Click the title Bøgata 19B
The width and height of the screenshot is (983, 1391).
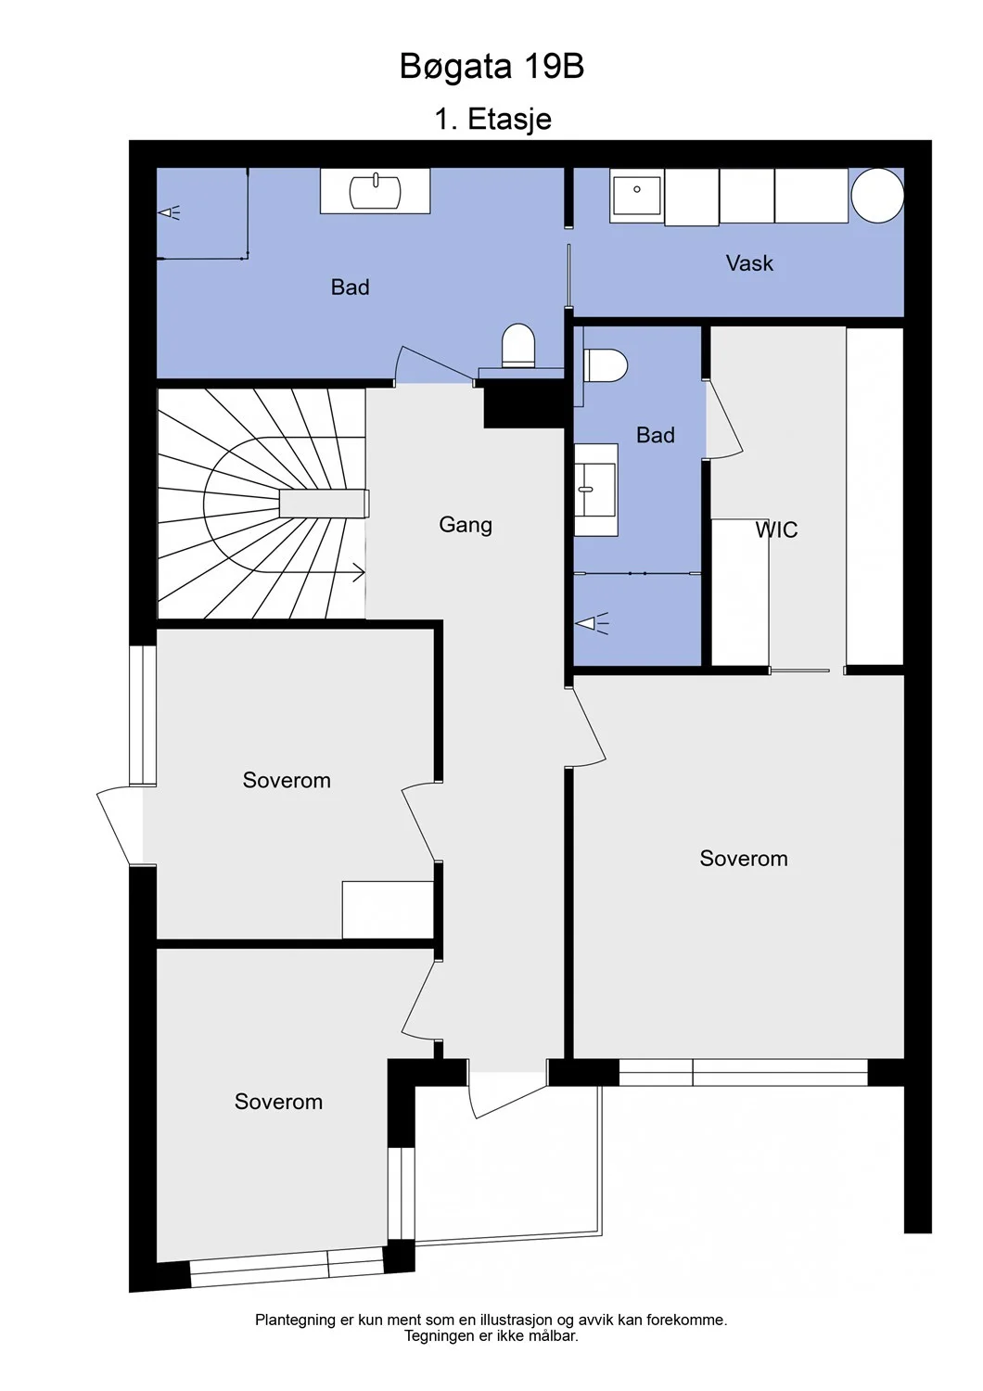(x=491, y=67)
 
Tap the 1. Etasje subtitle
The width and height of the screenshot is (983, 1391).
(x=492, y=119)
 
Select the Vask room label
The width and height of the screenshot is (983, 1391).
(x=749, y=262)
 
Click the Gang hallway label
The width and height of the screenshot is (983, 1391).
(x=466, y=526)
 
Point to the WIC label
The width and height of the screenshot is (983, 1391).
(x=776, y=530)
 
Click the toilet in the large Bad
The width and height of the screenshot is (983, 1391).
(x=517, y=345)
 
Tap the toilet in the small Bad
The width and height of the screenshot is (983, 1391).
(x=606, y=365)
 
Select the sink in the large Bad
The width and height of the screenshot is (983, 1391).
(x=375, y=191)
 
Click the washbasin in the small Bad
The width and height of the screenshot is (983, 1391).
(x=595, y=490)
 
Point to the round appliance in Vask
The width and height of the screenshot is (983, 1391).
(x=876, y=195)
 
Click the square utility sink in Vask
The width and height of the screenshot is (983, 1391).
(x=636, y=196)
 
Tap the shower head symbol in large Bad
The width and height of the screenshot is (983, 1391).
(x=170, y=213)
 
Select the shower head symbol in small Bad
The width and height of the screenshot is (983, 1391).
(x=592, y=623)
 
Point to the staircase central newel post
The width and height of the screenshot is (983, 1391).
(x=324, y=503)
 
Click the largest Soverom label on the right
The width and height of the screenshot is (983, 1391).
(x=744, y=858)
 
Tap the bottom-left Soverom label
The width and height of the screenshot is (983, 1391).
(x=278, y=1102)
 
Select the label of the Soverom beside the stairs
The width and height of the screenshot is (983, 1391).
(x=287, y=780)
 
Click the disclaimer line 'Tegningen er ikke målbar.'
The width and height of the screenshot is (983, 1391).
(x=491, y=1335)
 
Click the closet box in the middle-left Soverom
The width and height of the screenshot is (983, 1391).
(x=388, y=910)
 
